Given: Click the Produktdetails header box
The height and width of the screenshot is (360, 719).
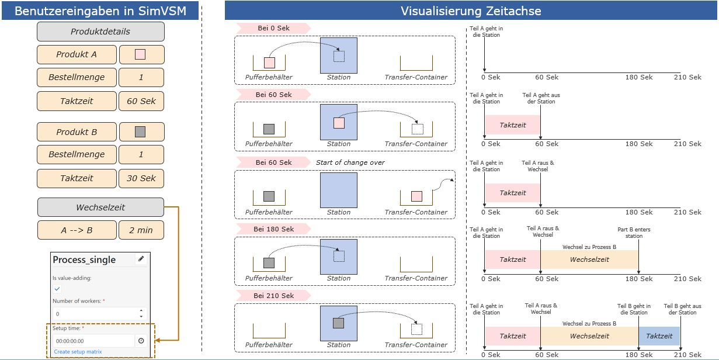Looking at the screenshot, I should point(100,32).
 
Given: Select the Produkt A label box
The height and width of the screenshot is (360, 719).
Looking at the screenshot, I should point(77,54).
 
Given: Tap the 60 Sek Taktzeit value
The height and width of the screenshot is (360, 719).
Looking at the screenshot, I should point(141,101).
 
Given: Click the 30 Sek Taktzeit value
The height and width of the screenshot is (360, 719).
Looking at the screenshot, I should point(141,178).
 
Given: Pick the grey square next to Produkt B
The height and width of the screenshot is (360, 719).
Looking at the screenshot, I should point(140,132).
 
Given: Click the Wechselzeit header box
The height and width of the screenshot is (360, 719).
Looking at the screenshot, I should point(100,207).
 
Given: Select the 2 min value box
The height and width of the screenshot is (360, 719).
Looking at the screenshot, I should point(141,230).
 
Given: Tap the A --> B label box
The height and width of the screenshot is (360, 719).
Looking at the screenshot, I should point(77,230).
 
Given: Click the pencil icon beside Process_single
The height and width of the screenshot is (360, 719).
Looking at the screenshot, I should point(141,259).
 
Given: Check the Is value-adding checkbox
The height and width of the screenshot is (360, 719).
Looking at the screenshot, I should point(57,289).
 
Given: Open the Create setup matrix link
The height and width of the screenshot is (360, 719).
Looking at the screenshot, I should point(78,352).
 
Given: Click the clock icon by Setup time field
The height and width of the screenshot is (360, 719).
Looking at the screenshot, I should point(141,341).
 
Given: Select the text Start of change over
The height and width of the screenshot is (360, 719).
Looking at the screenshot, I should point(350,162).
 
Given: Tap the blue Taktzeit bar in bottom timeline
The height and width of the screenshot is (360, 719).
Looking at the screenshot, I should point(659,336).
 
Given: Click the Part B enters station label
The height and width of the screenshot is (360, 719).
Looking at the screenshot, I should point(634,233).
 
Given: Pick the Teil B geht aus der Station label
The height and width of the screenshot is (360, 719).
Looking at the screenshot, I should point(682,309).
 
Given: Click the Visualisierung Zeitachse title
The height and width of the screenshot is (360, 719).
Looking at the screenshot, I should point(471,11).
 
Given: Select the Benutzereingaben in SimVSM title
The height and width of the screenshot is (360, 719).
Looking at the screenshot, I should point(100,11).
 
